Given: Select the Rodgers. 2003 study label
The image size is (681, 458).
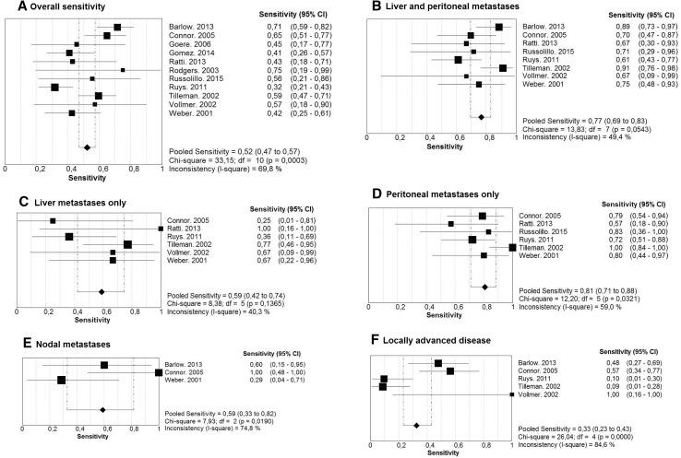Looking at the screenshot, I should tap(191, 69).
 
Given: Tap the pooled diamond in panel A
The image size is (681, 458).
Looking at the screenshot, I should tap(87, 147).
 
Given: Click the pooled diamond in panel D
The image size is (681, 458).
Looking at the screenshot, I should tap(485, 288).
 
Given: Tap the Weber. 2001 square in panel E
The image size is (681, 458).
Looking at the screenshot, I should tap(61, 380).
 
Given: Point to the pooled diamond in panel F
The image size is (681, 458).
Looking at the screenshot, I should tap(416, 425).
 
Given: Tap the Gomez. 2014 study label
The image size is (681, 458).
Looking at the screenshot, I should tap(190, 53).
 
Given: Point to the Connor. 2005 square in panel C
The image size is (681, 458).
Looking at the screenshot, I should tap(53, 221).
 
